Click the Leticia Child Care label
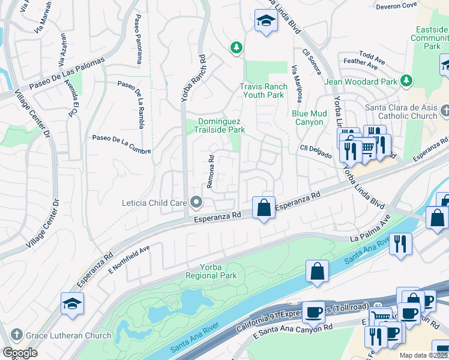click(x=154, y=203)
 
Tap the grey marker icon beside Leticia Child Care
click(x=196, y=203)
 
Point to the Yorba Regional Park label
click(x=211, y=271)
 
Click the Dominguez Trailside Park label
click(x=222, y=125)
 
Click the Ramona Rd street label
click(x=211, y=172)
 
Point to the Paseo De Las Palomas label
click(x=67, y=76)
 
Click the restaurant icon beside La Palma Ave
click(x=400, y=243)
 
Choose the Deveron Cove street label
click(x=396, y=6)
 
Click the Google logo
click(x=20, y=353)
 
